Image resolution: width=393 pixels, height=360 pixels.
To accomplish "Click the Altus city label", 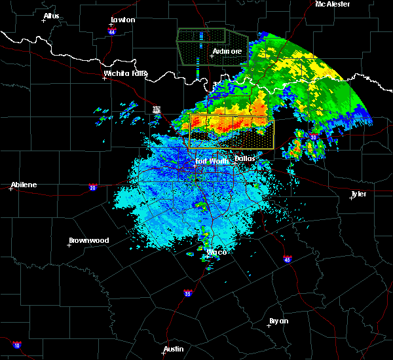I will pos(51,16).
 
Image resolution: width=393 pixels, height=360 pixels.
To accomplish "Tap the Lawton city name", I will pos(123,20).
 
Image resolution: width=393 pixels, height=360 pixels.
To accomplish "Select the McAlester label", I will pos(333,4).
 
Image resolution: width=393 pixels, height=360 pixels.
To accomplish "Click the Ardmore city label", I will pos(227,51).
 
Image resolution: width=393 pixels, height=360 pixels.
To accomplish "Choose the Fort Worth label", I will pos(211,160).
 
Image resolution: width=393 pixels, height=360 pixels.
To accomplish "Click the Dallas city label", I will pos(245,158).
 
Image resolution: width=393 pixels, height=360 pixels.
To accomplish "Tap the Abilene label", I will pos(24,185).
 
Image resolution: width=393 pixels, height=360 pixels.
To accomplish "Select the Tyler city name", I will pos(359,194).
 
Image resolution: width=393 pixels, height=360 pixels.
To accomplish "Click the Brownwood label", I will pos(88,240).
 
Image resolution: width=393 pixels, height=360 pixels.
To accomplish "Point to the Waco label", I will pos(217,252).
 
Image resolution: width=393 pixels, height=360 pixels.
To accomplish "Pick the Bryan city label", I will pos(278,321).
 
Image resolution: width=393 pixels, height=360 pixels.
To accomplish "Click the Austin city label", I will pos(174,349).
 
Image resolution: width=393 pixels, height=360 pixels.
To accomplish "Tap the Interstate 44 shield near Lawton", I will pos(112,31).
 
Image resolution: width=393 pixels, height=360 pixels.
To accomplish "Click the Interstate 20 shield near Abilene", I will pos(92,187).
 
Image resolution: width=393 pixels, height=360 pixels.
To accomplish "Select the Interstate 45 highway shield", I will pos(288,259).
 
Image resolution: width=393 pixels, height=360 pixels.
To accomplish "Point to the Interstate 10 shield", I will pos(16,345).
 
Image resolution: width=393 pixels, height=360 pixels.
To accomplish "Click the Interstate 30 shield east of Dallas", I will pos(313,137).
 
